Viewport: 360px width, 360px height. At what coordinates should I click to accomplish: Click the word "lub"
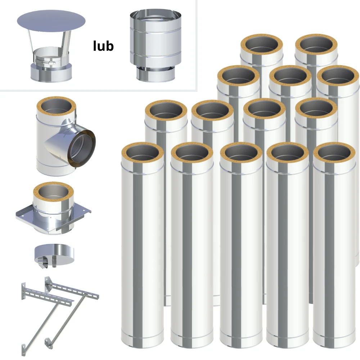(x=103, y=46)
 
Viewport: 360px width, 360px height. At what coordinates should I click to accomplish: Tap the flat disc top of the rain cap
(x=51, y=21)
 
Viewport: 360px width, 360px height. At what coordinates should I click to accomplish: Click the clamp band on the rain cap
(x=45, y=62)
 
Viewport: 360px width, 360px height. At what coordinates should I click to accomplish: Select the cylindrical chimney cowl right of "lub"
(x=156, y=45)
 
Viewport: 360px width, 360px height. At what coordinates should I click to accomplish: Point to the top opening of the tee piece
(x=56, y=107)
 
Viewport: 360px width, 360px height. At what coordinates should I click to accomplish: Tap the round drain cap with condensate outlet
(x=54, y=255)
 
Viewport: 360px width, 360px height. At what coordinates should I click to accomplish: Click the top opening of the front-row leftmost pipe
(x=142, y=153)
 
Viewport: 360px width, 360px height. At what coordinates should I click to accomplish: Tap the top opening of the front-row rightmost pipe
(x=334, y=153)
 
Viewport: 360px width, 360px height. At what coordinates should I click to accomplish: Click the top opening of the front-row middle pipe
(x=241, y=153)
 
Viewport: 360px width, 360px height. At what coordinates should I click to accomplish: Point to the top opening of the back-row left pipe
(x=261, y=45)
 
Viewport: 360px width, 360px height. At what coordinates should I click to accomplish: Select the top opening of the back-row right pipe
(x=316, y=45)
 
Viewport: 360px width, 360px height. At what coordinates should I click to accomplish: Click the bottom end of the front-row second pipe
(x=192, y=343)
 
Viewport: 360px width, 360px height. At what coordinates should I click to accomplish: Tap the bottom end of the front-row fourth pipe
(x=287, y=343)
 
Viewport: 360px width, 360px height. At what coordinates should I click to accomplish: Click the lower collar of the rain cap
(x=51, y=73)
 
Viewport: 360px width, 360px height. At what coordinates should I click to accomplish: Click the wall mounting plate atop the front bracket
(x=23, y=291)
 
